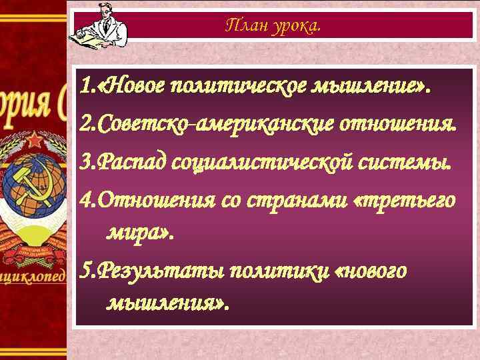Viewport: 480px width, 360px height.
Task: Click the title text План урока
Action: (273, 26)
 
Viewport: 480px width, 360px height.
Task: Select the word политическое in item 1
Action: (239, 85)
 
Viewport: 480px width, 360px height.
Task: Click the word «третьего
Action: (407, 200)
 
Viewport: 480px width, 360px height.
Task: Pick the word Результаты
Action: (159, 272)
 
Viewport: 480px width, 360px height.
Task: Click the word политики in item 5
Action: (277, 272)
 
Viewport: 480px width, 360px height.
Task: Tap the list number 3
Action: (84, 162)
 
